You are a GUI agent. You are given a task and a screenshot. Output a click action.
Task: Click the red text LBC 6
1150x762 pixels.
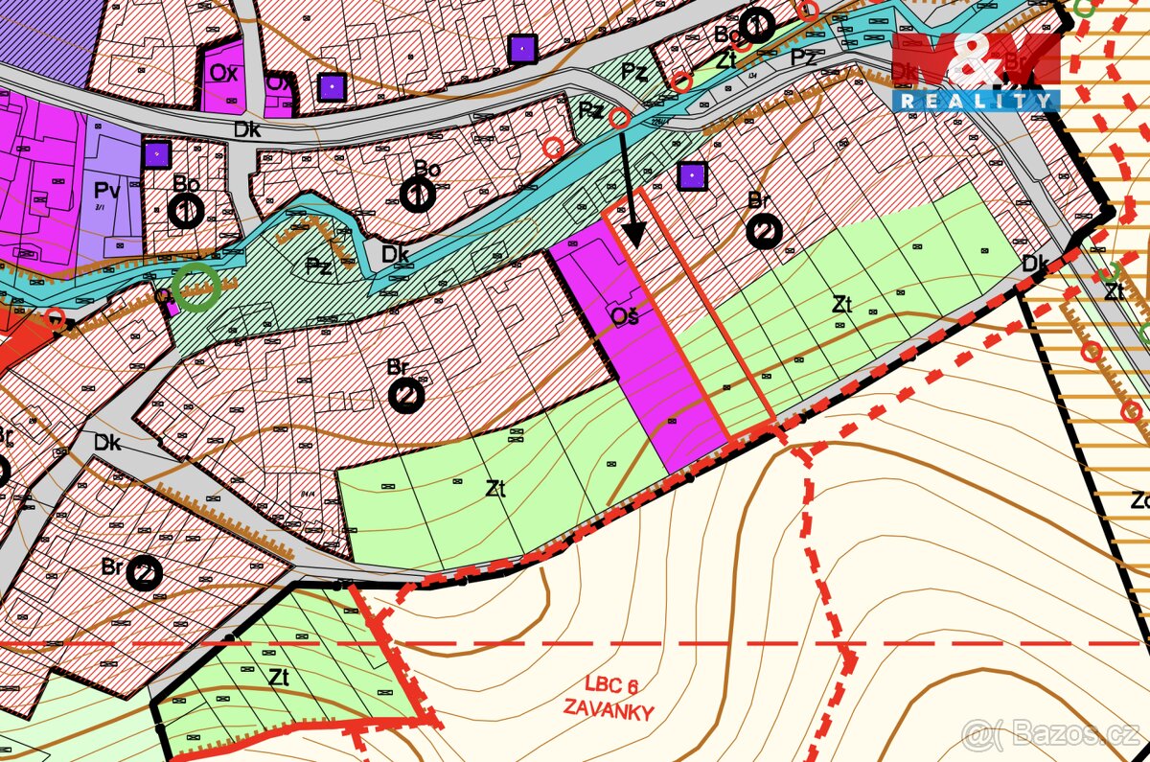click(x=610, y=685)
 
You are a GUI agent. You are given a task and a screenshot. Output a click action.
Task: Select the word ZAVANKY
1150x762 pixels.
click(x=609, y=711)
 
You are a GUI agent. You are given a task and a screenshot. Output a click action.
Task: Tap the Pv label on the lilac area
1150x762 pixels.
click(x=108, y=191)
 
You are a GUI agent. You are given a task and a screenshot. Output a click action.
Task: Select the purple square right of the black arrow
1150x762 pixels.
click(x=692, y=175)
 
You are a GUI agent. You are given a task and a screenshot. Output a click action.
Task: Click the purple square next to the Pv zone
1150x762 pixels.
click(x=156, y=153)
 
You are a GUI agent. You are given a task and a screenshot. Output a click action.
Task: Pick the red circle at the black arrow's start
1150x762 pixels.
click(x=620, y=118)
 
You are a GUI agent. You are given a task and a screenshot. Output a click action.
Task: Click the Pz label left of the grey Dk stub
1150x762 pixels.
click(x=318, y=266)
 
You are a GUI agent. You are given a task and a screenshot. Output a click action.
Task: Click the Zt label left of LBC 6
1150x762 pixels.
click(x=279, y=677)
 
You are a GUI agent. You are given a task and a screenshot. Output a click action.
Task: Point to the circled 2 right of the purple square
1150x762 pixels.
click(x=765, y=231)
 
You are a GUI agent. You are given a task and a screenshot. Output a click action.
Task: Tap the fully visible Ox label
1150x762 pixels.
click(x=223, y=74)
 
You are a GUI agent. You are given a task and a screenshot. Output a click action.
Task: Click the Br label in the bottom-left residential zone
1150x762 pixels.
click(x=112, y=566)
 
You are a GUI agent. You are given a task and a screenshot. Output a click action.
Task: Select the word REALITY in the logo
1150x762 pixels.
click(x=976, y=101)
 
